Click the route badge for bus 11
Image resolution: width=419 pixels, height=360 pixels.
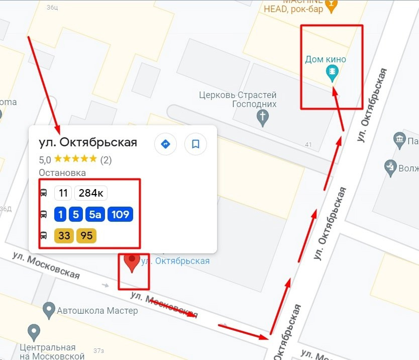click(x=63, y=193)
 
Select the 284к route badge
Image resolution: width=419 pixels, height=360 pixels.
click(x=91, y=193)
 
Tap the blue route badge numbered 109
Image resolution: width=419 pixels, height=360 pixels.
click(x=120, y=215)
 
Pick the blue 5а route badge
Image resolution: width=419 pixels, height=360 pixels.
click(x=95, y=215)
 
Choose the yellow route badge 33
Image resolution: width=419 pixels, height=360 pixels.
click(x=64, y=235)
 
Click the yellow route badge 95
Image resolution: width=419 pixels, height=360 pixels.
click(x=86, y=235)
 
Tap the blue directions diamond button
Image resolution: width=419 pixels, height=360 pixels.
click(x=165, y=144)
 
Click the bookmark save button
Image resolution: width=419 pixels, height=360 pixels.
click(x=195, y=144)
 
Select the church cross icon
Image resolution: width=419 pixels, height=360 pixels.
click(x=262, y=117)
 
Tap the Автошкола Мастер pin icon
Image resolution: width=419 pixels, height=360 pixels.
click(x=49, y=310)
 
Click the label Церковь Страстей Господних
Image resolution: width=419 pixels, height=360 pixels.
click(x=238, y=100)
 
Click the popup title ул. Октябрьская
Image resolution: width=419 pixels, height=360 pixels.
click(x=88, y=142)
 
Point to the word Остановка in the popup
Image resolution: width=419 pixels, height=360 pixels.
click(x=62, y=172)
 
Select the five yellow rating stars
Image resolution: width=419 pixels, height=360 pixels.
click(x=75, y=159)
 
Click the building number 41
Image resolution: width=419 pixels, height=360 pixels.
click(x=308, y=145)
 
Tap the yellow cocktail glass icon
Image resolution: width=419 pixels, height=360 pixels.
click(x=330, y=6)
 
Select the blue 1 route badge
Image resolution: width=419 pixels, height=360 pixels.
click(x=60, y=215)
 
